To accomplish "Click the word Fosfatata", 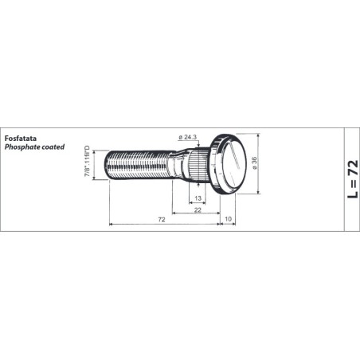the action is (x=21, y=139).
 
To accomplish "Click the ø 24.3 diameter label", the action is (x=187, y=137).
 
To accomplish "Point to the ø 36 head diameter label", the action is (x=254, y=163).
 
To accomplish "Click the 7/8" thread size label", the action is (x=88, y=161).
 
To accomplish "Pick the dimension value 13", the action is (x=198, y=198).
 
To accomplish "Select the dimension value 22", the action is (x=198, y=210).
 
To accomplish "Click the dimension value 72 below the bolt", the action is (x=162, y=220).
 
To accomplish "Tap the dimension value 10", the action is (x=228, y=219).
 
